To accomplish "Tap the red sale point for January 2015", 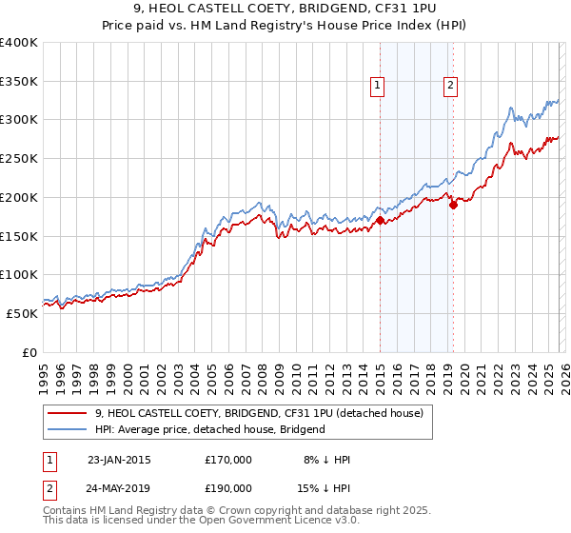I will tap(380, 221).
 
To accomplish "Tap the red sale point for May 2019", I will tap(453, 204).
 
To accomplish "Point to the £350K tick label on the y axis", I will tap(19, 82).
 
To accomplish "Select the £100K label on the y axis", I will tap(19, 275).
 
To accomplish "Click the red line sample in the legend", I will tap(67, 413).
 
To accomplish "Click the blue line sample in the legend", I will tap(67, 429).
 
